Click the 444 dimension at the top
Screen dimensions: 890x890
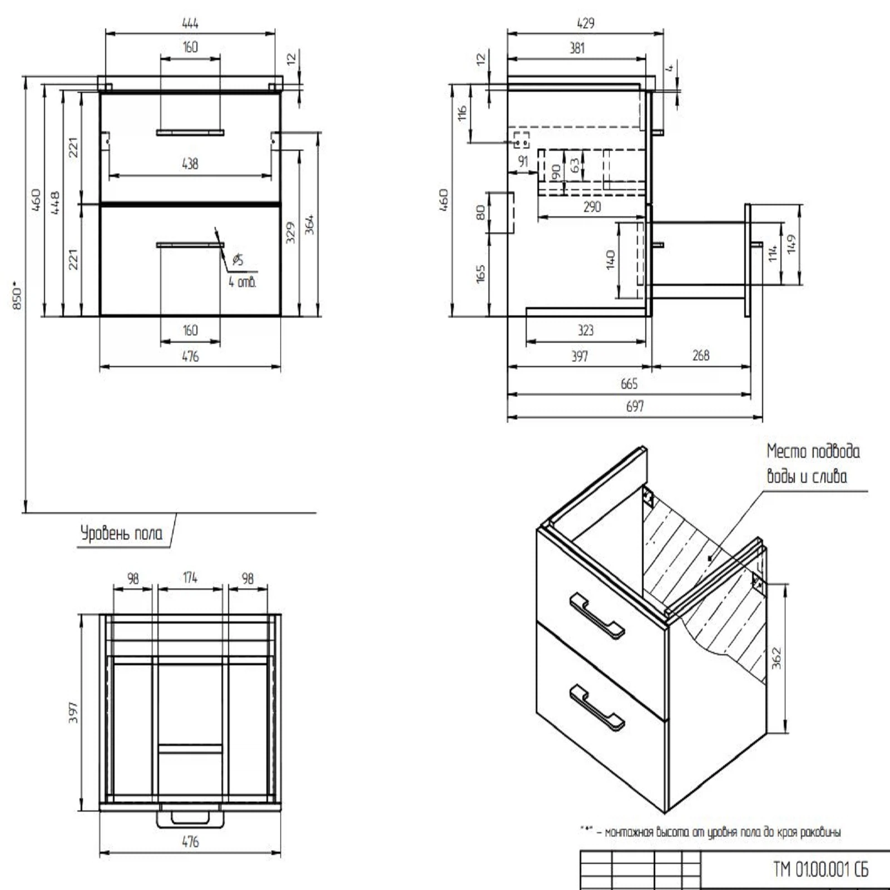click(x=190, y=23)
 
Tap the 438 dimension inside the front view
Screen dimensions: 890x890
click(x=190, y=164)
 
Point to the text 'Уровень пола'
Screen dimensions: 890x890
click(x=122, y=533)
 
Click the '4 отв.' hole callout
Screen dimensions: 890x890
click(x=243, y=282)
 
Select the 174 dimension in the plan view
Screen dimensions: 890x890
click(x=190, y=578)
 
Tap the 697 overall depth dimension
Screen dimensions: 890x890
click(x=635, y=407)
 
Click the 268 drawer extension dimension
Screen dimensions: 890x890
click(x=701, y=355)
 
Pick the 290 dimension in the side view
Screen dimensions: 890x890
click(x=592, y=207)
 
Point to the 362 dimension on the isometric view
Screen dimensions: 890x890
click(x=777, y=658)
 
